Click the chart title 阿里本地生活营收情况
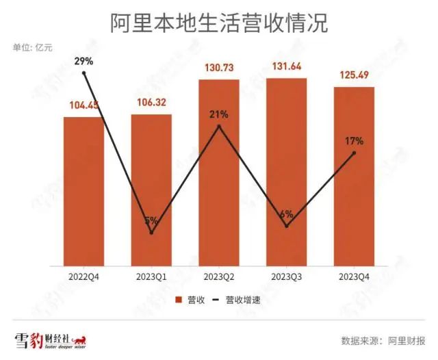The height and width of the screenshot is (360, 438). pyautogui.click(x=219, y=23)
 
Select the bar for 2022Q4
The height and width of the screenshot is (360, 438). pyautogui.click(x=83, y=192)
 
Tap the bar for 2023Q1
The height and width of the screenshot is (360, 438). pyautogui.click(x=151, y=192)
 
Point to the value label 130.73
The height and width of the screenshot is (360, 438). pyautogui.click(x=219, y=68)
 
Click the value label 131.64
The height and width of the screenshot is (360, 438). pyautogui.click(x=287, y=67)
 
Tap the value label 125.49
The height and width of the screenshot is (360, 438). pyautogui.click(x=354, y=75)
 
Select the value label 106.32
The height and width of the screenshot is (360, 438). pyautogui.click(x=151, y=103)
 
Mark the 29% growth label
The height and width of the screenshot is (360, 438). pyautogui.click(x=83, y=62)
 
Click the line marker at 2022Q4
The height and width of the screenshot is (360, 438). pyautogui.click(x=83, y=73)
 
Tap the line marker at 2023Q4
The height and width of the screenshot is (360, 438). pyautogui.click(x=354, y=153)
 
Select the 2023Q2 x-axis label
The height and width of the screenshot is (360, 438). pyautogui.click(x=219, y=277)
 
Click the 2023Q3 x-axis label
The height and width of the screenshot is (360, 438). pyautogui.click(x=287, y=277)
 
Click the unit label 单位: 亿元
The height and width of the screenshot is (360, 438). pyautogui.click(x=31, y=47)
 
